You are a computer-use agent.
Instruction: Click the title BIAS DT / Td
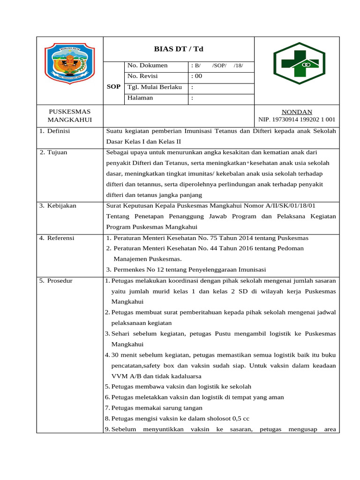[179, 49]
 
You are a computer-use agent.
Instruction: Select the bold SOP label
[114, 87]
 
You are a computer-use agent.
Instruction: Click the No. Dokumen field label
[147, 66]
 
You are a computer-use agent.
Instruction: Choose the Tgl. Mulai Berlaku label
[154, 88]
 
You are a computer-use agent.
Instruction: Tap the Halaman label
[140, 98]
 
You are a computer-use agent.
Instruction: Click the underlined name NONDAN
[297, 112]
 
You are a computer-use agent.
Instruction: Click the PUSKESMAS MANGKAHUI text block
[70, 116]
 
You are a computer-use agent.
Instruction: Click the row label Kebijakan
[61, 206]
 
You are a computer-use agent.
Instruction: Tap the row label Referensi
[60, 238]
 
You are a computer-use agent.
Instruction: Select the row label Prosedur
[59, 281]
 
